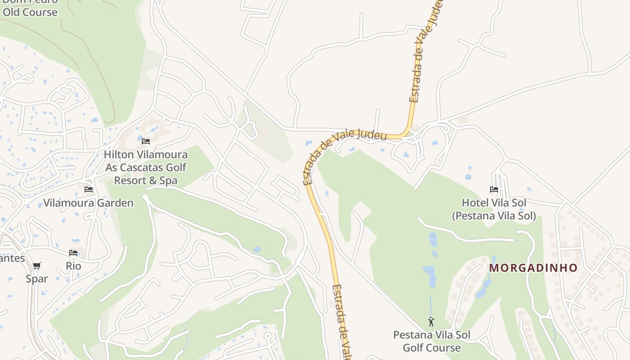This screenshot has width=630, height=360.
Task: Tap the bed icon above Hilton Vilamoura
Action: pos(145,141)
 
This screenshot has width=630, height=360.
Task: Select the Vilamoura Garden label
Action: pos(88,203)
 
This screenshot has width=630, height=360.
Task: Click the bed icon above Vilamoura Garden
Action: pos(89,189)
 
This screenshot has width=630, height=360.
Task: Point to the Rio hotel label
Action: pos(73,266)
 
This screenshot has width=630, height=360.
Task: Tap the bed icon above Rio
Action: pos(73,253)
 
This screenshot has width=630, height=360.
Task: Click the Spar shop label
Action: pos(36,279)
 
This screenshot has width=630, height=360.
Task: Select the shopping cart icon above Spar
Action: pos(36,265)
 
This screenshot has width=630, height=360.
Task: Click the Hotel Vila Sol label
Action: pos(494,203)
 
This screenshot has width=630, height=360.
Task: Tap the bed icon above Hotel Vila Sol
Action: pos(494,189)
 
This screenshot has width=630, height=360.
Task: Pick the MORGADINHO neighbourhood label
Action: pos(533,268)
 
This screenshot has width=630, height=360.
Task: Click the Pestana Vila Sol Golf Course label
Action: pos(432,341)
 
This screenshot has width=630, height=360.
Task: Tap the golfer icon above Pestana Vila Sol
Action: pos(431,322)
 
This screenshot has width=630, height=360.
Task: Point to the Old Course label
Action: pos(30,12)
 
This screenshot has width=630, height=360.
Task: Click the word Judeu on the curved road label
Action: pos(372,134)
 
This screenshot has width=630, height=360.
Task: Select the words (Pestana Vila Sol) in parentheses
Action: pos(494,216)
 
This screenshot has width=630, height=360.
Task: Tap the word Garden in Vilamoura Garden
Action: pos(117,203)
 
